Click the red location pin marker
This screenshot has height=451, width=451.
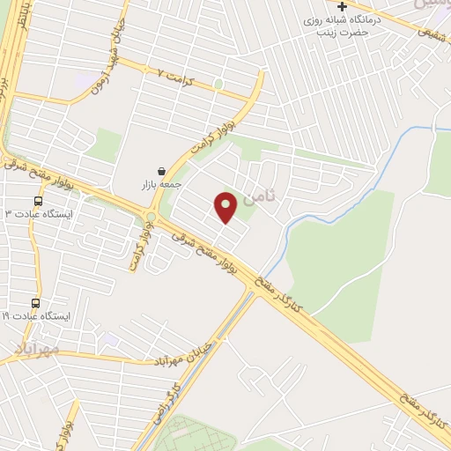[225, 207]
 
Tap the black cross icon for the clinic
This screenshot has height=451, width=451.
[342, 6]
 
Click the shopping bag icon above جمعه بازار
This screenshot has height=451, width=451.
[160, 171]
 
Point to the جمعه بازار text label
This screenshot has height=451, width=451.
[160, 185]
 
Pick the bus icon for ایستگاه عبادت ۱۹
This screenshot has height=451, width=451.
[36, 302]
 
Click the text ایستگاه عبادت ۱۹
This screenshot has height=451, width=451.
[37, 315]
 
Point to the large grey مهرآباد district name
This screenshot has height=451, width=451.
[35, 350]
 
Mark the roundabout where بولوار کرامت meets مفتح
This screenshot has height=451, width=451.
[151, 216]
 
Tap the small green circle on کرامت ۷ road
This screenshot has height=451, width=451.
[218, 85]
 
